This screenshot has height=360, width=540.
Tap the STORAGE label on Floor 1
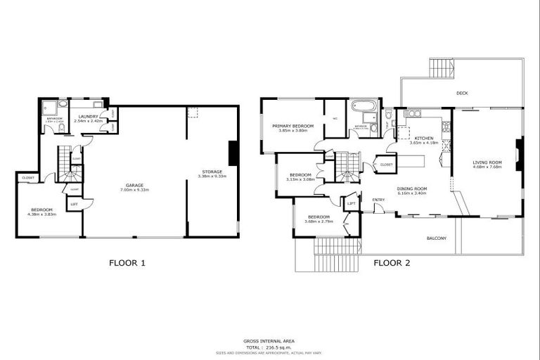[x=212, y=172]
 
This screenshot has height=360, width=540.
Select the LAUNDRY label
[x=88, y=116]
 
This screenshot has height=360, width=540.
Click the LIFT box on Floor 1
[x=73, y=204]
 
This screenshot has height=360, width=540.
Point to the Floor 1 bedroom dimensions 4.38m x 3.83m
[x=43, y=214]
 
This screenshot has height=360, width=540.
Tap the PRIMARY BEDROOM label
[x=293, y=126]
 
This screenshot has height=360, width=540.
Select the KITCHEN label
[x=424, y=138]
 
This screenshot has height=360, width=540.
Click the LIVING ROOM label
[x=486, y=162]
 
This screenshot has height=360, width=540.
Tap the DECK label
[x=462, y=92]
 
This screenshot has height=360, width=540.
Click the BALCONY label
[x=436, y=238]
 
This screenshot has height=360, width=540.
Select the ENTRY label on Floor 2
[x=378, y=200]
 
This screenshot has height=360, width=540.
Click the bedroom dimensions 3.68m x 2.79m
[x=318, y=221]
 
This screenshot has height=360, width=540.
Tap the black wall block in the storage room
[x=233, y=153]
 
